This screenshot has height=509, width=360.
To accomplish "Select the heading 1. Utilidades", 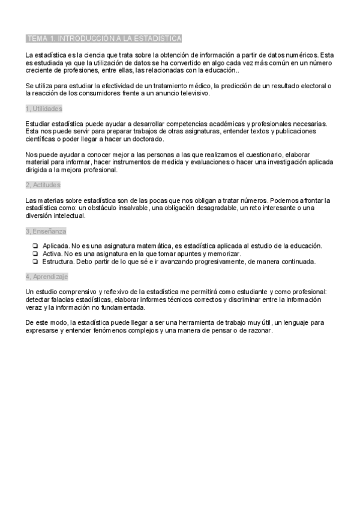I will [44, 109].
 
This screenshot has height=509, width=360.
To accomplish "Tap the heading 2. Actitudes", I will [43, 185].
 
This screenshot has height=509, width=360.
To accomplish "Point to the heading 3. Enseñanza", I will [46, 231].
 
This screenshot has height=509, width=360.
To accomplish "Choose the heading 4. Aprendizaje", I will [47, 277].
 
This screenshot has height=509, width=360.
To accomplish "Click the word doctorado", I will [147, 139].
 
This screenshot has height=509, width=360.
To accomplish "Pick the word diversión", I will [41, 215].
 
